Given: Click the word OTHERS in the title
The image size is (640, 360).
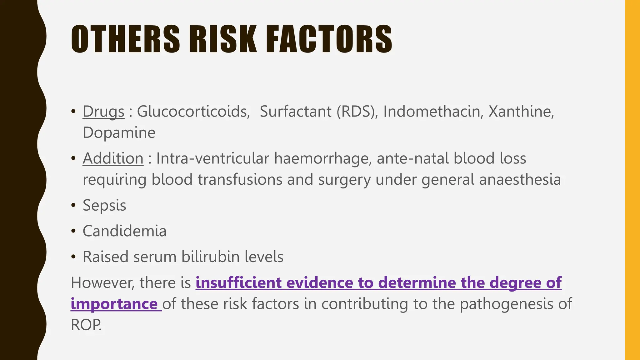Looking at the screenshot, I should coord(125,39).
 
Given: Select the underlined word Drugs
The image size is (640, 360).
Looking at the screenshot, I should coord(103,112).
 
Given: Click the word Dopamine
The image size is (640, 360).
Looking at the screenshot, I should coord(119,133).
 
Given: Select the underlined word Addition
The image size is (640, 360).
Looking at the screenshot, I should coord(113,158).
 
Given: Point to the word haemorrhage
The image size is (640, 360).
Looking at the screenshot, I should coord(323,158).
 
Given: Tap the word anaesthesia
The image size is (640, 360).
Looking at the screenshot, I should coord(520,180).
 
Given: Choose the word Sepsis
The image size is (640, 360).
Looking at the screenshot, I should coord(104,206).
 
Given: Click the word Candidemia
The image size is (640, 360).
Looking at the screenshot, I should coord(124,231).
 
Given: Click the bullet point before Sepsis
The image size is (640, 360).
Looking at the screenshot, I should coord(73,206).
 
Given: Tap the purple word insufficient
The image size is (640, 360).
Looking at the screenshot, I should coord(238,282).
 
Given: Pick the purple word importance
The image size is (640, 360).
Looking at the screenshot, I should coord(114,304).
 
